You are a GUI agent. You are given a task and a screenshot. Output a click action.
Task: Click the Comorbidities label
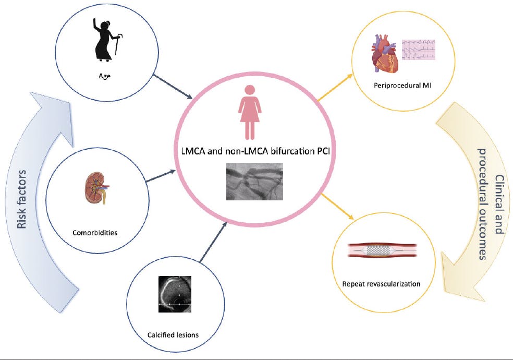94,233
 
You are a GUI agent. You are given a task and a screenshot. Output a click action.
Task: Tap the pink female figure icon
249,112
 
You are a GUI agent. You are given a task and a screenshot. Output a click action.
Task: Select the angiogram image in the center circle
254,182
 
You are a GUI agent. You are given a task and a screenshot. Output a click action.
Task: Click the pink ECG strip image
419,50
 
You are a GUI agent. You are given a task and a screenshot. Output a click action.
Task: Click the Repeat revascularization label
382,284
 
